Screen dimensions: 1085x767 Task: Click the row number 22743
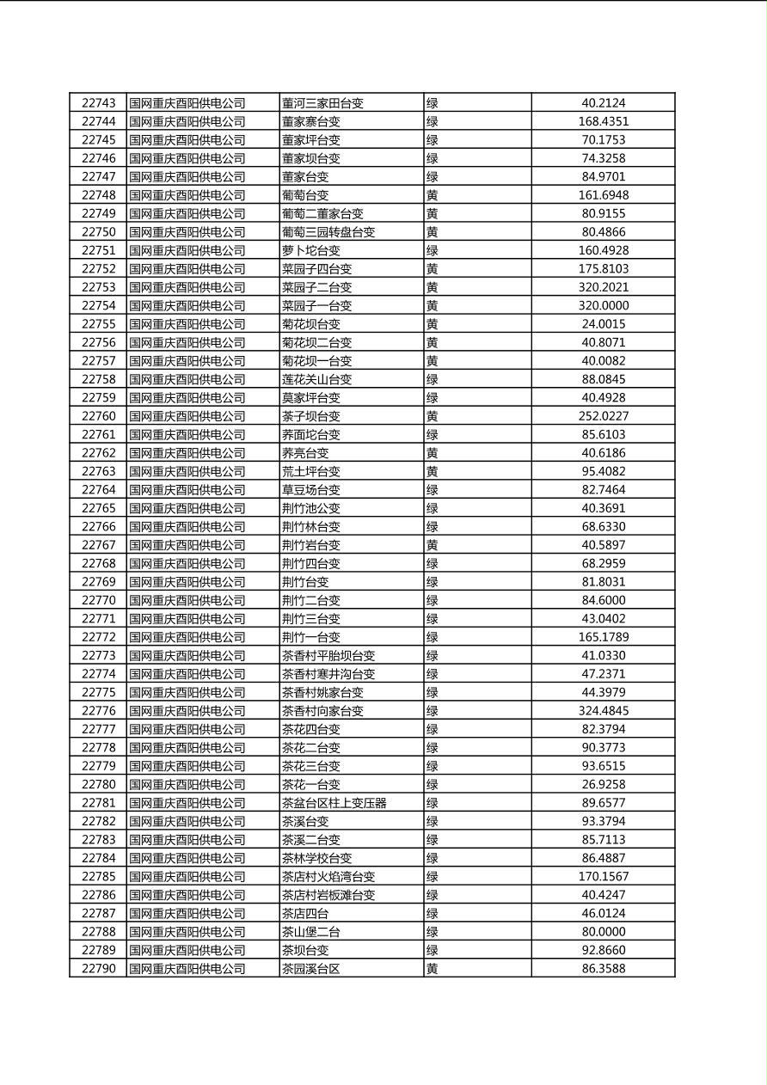[x=98, y=103]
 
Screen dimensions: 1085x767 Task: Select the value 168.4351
[x=603, y=121]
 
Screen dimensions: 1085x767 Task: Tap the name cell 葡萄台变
[x=305, y=195]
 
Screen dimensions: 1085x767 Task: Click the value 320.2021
[x=603, y=287]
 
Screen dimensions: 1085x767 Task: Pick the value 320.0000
[x=603, y=305]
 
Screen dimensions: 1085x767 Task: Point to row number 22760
[x=98, y=416]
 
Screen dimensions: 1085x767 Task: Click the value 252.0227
[x=603, y=416]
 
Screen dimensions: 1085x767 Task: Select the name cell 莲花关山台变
[x=316, y=379]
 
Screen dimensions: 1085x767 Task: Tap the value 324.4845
[x=603, y=711]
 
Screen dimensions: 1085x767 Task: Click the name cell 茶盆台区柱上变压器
[x=334, y=803]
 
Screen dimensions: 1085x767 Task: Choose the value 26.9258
[x=603, y=784]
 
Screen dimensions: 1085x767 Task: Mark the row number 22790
[x=98, y=969]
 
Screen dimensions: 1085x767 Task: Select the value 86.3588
[x=603, y=969]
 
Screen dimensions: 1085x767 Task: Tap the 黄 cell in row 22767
[x=433, y=545]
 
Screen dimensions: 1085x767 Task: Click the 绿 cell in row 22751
[x=433, y=250]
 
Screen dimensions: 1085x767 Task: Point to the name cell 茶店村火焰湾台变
[x=328, y=877]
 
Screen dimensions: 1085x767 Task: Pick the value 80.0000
[x=603, y=932]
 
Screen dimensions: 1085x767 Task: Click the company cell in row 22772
[x=187, y=637]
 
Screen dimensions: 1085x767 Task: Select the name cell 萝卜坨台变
[x=310, y=250]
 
